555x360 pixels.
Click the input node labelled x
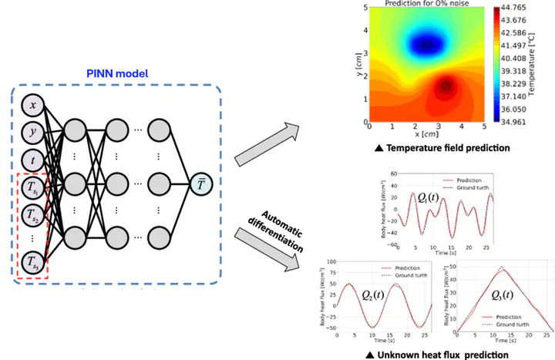[33, 105]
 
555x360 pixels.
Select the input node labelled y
[33, 132]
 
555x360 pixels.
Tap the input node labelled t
[33, 159]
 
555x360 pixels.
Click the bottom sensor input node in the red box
[33, 261]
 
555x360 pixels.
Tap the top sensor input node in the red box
[33, 186]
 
